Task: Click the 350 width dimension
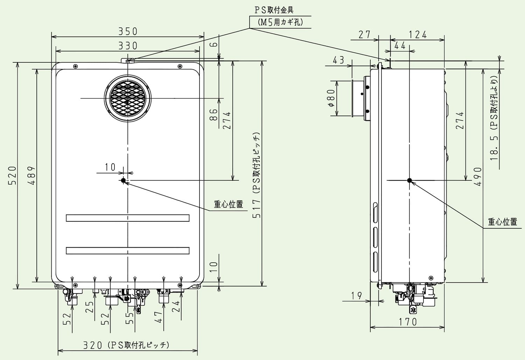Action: (128, 32)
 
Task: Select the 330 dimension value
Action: (128, 46)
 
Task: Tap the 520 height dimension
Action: (12, 175)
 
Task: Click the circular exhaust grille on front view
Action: (128, 98)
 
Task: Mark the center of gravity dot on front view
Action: (123, 180)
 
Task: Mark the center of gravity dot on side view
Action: (409, 180)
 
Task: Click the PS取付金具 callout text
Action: (274, 10)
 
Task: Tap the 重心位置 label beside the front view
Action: (229, 204)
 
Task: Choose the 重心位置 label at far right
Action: (503, 222)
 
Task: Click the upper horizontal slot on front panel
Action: (128, 218)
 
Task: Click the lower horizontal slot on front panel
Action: (128, 250)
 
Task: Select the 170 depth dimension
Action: (408, 321)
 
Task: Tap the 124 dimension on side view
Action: (418, 35)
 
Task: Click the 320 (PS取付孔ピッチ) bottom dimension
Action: (126, 345)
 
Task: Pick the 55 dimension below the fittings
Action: (130, 318)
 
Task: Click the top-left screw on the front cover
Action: (75, 67)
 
